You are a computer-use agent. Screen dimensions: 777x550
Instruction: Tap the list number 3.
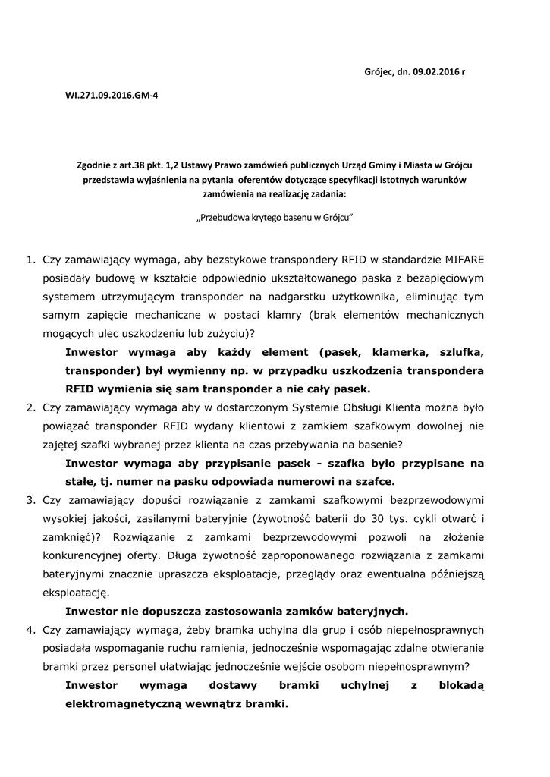[30, 500]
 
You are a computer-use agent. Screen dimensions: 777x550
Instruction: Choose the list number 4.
[30, 630]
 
